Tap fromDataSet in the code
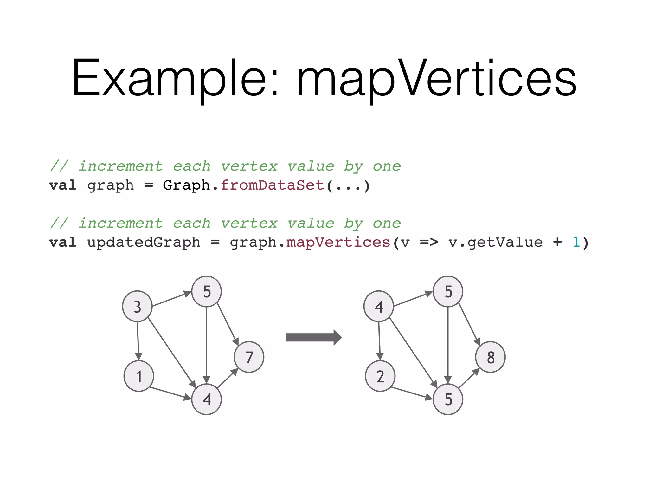[272, 185]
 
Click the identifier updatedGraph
[144, 243]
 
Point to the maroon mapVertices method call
[338, 243]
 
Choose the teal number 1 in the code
[576, 243]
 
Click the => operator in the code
[429, 243]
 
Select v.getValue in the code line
[495, 243]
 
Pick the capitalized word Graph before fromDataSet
[186, 185]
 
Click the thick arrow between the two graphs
[313, 337]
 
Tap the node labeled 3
[137, 306]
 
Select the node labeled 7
[249, 357]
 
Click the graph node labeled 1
[139, 376]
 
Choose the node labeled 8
[490, 357]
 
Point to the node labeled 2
[380, 376]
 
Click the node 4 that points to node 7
[207, 399]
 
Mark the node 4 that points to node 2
[379, 306]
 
